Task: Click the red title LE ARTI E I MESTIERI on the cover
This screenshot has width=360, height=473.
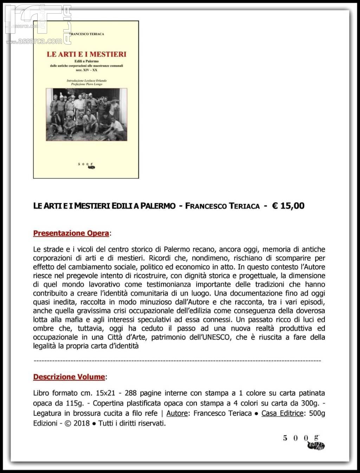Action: (x=86, y=54)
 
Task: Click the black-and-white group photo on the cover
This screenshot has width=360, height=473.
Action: (x=86, y=115)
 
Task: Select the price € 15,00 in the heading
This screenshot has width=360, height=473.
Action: (x=288, y=206)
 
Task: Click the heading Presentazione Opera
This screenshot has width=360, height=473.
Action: (x=71, y=233)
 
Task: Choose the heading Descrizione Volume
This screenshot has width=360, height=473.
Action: (x=69, y=377)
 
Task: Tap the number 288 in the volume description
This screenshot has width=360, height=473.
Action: (x=131, y=393)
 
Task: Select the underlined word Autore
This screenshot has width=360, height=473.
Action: (x=177, y=413)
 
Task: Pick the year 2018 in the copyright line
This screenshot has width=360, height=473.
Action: (x=82, y=423)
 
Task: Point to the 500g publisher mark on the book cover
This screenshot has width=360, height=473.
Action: (x=87, y=166)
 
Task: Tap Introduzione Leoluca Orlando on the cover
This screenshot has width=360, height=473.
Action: (x=86, y=81)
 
